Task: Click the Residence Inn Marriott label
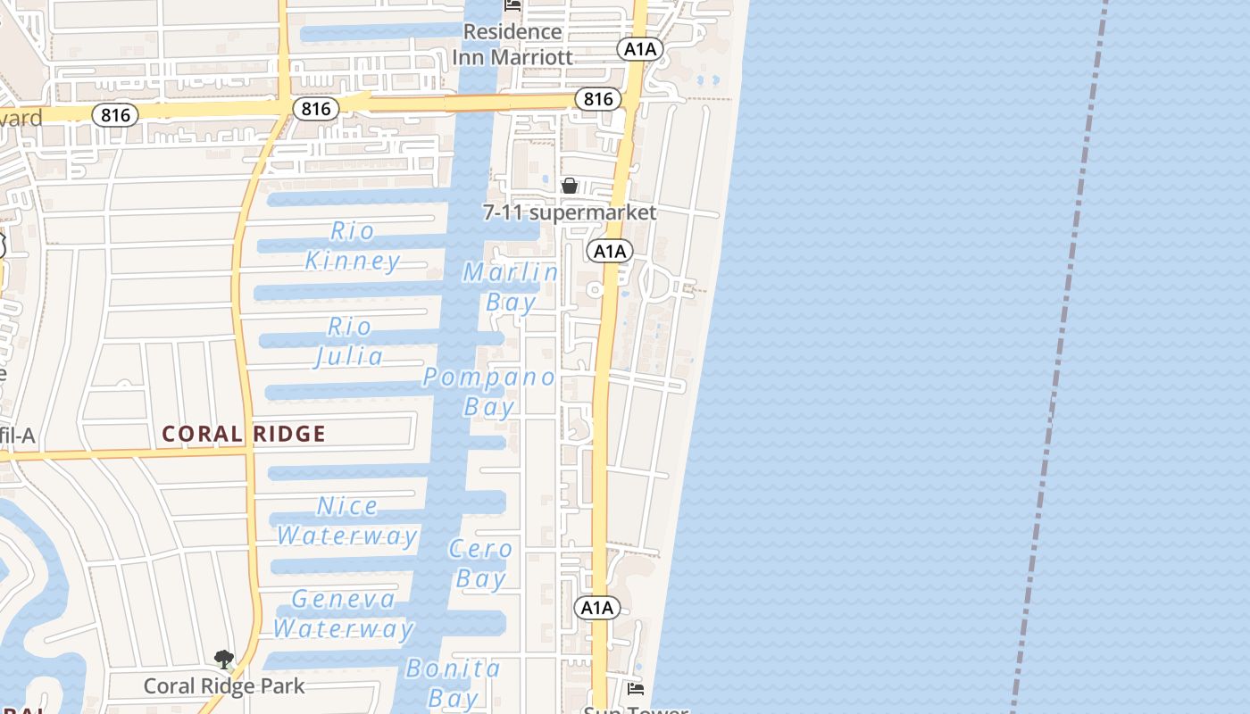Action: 512,45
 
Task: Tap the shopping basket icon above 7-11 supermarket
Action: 569,186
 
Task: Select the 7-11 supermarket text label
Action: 570,212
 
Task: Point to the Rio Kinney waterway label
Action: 353,246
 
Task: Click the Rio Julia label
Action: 349,342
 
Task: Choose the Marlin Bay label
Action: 511,287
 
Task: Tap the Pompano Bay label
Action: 489,392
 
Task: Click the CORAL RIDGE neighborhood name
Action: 244,435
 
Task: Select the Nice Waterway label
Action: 347,521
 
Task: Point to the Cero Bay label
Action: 481,564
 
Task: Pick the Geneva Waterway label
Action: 344,614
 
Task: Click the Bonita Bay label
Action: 453,683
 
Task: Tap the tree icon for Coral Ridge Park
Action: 224,660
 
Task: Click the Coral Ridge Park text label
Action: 224,686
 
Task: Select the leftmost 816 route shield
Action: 115,114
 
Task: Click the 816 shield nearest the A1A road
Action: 597,99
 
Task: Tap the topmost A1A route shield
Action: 639,49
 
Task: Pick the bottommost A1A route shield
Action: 596,608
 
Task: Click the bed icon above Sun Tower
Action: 636,688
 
